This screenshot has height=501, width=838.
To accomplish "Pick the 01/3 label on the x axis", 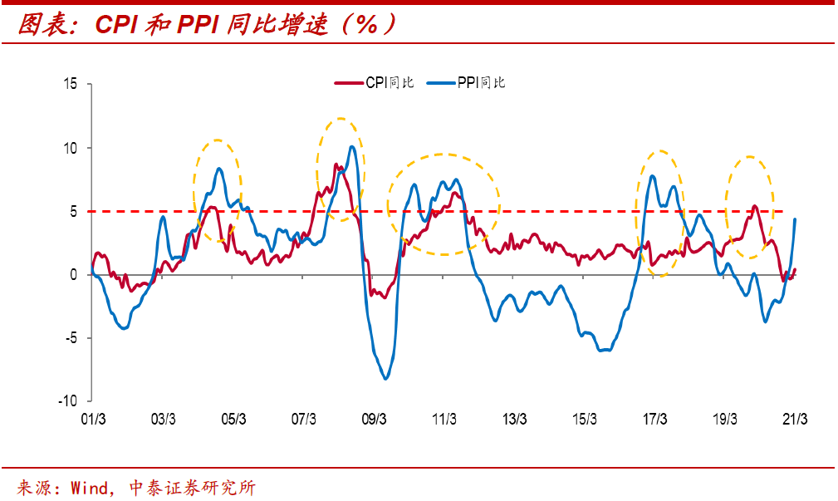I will (x=93, y=419).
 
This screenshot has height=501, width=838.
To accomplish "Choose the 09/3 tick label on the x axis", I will (x=374, y=419).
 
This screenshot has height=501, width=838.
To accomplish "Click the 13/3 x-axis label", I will (x=515, y=419).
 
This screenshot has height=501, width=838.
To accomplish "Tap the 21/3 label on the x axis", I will (x=796, y=419).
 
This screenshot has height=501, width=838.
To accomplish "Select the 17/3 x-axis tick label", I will (x=655, y=419).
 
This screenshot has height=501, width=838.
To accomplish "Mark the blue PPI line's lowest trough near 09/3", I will (x=385, y=379).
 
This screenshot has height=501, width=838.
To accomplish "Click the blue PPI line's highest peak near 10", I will (x=352, y=147).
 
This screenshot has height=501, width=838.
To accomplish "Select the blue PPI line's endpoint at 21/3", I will (x=796, y=219).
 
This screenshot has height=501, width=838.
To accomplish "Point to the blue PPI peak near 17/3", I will (x=652, y=175).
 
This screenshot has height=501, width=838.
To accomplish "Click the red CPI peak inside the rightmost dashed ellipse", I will (x=754, y=206).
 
